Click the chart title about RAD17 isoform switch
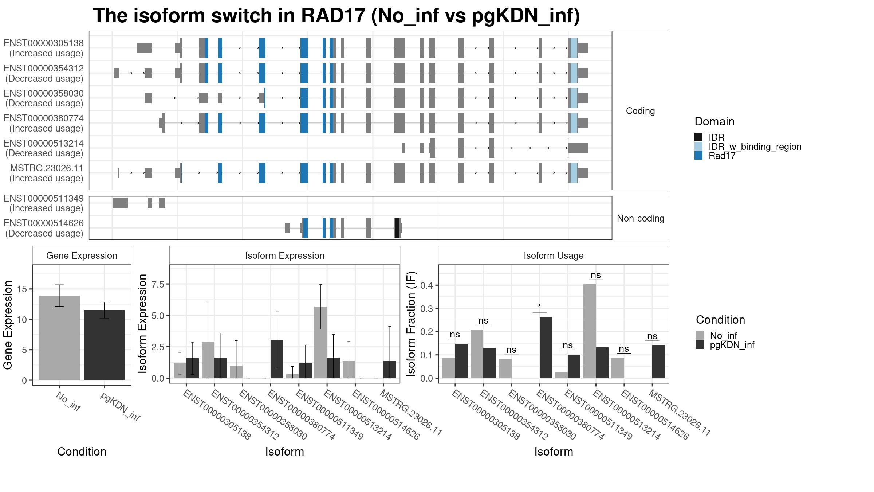pyautogui.click(x=336, y=16)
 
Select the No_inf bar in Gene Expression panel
pyautogui.click(x=59, y=338)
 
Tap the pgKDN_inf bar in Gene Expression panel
pyautogui.click(x=104, y=345)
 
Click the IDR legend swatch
pyautogui.click(x=698, y=137)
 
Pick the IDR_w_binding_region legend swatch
pyautogui.click(x=698, y=146)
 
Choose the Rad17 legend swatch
pyautogui.click(x=698, y=155)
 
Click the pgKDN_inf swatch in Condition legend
pyautogui.click(x=700, y=344)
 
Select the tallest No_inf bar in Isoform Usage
pyautogui.click(x=590, y=331)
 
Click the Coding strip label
pyautogui.click(x=640, y=111)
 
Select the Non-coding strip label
pyautogui.click(x=641, y=218)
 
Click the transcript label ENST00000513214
pyautogui.click(x=44, y=143)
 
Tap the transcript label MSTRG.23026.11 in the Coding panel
pyautogui.click(x=47, y=168)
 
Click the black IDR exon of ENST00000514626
pyautogui.click(x=397, y=228)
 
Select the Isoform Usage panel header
pyautogui.click(x=554, y=255)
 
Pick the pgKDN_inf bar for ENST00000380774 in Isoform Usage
pyautogui.click(x=546, y=348)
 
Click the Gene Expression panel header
pyautogui.click(x=82, y=255)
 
